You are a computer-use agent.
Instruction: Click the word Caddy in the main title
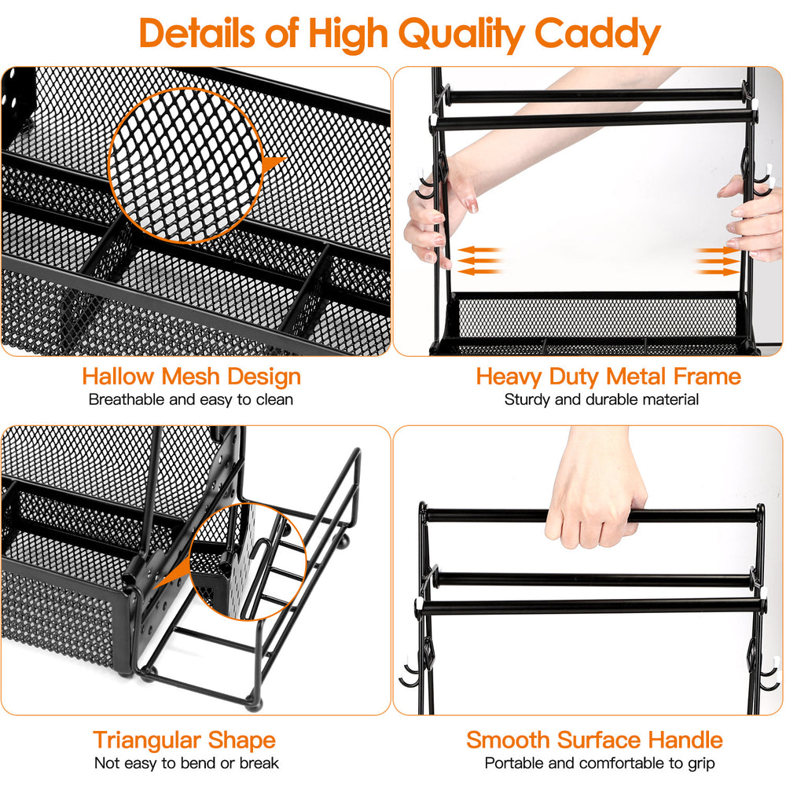pyautogui.click(x=597, y=34)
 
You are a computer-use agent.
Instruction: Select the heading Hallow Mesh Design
pyautogui.click(x=191, y=376)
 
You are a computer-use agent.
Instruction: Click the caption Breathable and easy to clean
pyautogui.click(x=191, y=399)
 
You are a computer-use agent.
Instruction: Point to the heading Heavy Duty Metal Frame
pyautogui.click(x=608, y=376)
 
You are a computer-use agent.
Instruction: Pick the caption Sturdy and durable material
pyautogui.click(x=601, y=399)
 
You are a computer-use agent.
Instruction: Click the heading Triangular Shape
pyautogui.click(x=185, y=740)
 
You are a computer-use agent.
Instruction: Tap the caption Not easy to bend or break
pyautogui.click(x=186, y=762)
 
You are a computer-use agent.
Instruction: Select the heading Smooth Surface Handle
pyautogui.click(x=594, y=740)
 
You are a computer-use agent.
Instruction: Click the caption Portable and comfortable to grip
pyautogui.click(x=600, y=762)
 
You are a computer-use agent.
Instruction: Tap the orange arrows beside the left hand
pyautogui.click(x=479, y=260)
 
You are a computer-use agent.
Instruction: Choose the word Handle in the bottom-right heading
pyautogui.click(x=685, y=740)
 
